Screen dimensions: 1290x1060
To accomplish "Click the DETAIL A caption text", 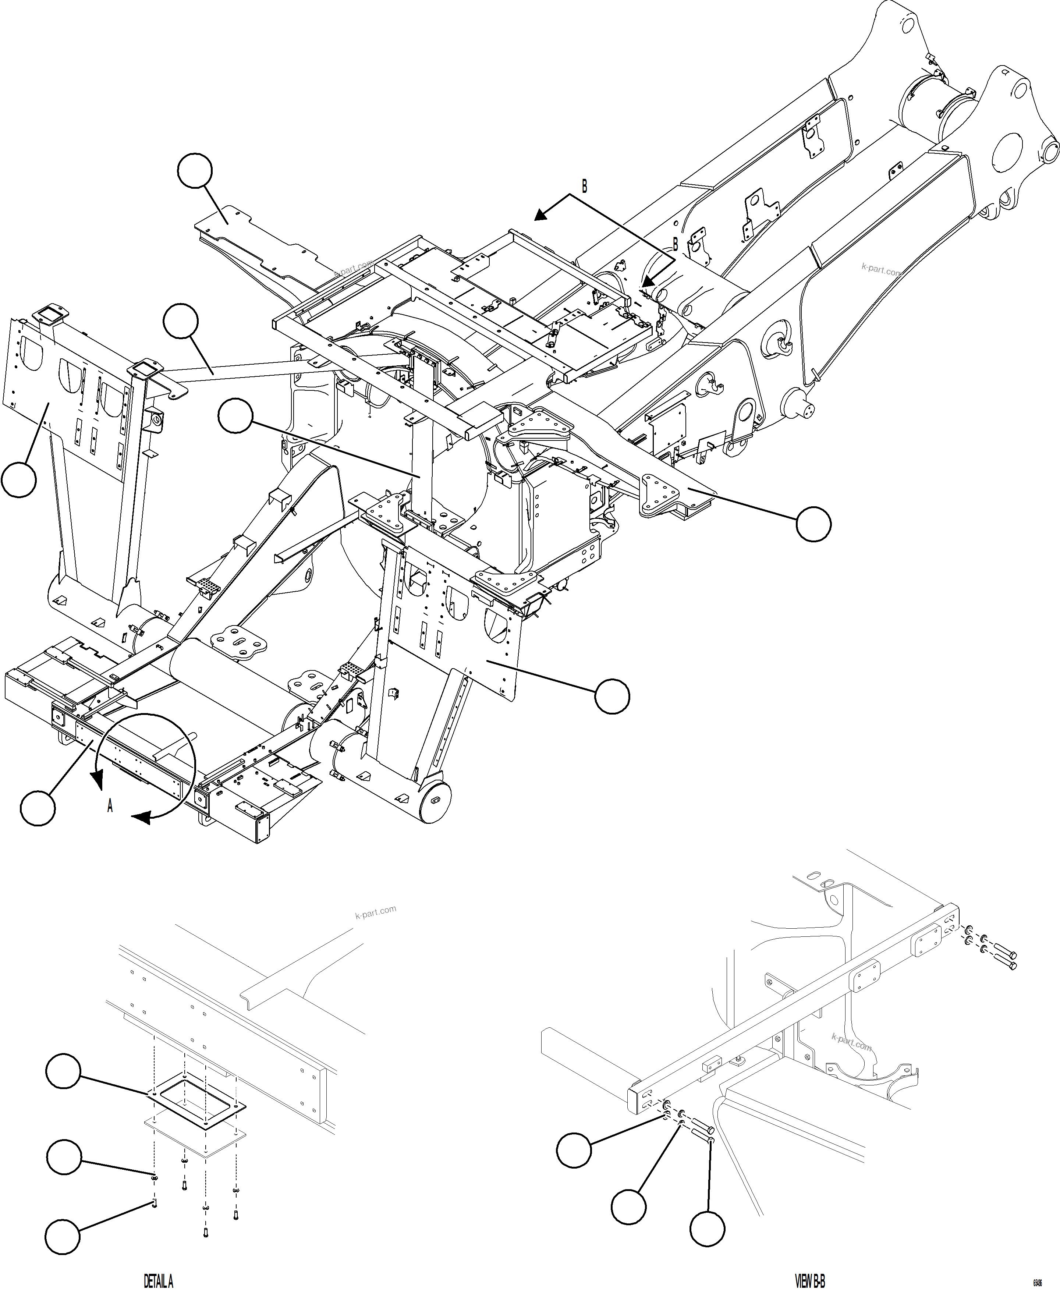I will pyautogui.click(x=158, y=1280).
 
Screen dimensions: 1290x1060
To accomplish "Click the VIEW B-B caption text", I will pyautogui.click(x=810, y=1280).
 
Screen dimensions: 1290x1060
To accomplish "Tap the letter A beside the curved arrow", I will pyautogui.click(x=110, y=807).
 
